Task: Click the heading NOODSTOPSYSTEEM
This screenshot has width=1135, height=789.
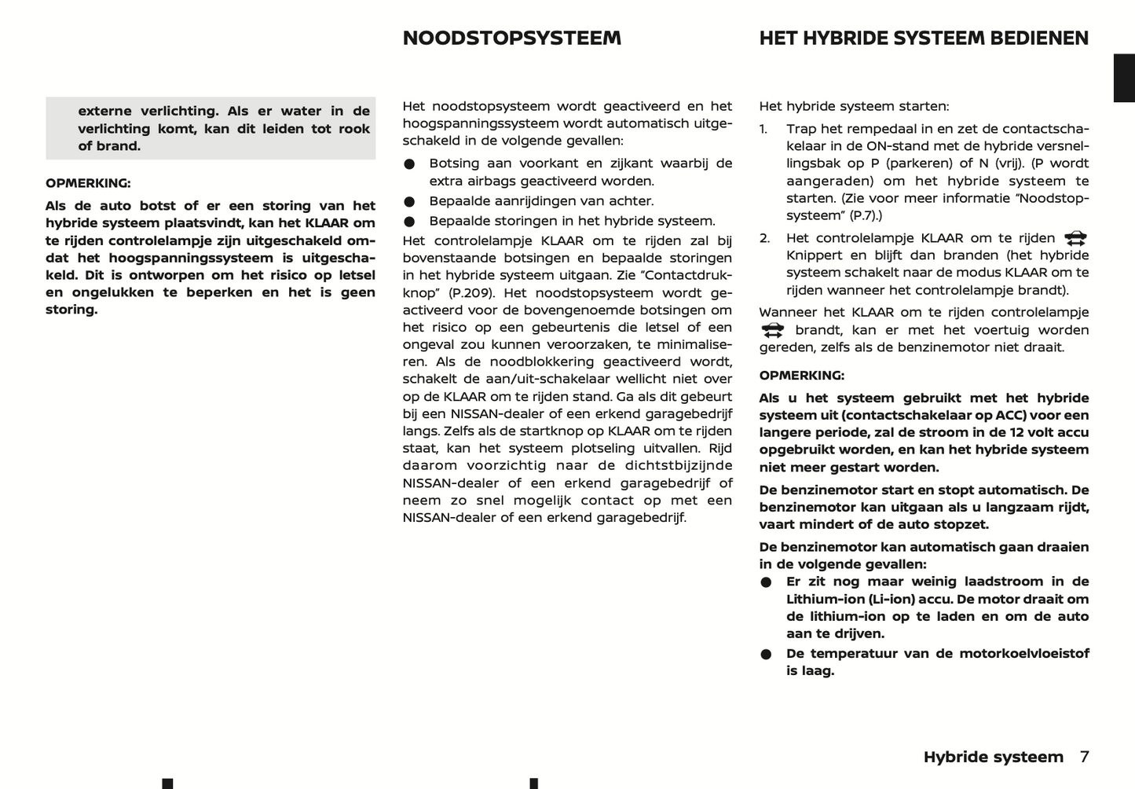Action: [x=511, y=39]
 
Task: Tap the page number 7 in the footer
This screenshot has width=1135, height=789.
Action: [x=1084, y=757]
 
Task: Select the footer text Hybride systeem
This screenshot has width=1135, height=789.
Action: [x=993, y=757]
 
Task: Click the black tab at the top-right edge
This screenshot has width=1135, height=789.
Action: [x=1124, y=78]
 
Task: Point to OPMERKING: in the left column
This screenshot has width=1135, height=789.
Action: [x=88, y=183]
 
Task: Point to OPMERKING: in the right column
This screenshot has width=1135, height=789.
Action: [x=801, y=376]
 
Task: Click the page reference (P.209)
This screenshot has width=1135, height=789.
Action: [x=471, y=292]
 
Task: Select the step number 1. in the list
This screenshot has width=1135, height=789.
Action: [x=763, y=129]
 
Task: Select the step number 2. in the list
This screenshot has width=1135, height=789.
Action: [x=764, y=238]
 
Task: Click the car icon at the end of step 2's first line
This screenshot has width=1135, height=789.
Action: [x=1075, y=238]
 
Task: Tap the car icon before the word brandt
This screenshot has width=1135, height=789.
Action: [x=772, y=330]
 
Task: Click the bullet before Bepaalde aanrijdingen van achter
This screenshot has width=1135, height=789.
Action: [x=409, y=202]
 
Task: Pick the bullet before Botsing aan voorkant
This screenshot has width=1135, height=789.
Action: [x=409, y=164]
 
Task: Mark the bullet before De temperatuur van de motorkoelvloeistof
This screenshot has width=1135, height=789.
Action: [x=766, y=655]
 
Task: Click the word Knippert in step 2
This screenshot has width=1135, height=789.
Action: [x=813, y=255]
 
